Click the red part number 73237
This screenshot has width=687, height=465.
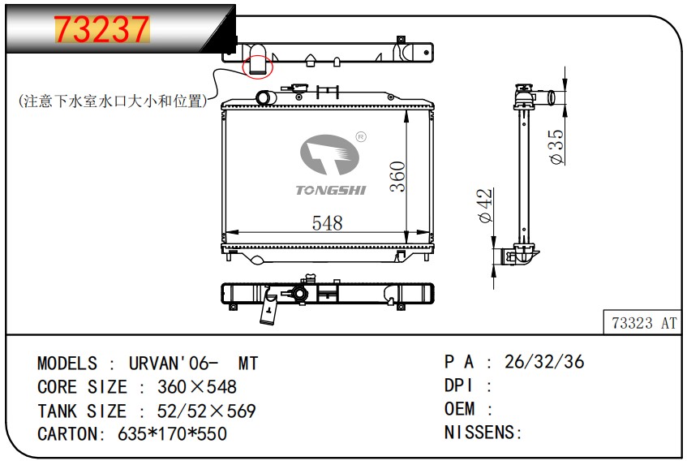[101, 29]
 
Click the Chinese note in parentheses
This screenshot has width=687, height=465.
[113, 101]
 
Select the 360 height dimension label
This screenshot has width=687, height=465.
[397, 177]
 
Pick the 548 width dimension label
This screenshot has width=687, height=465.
[328, 223]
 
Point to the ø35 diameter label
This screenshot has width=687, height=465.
[557, 146]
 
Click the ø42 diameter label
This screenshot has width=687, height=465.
[485, 205]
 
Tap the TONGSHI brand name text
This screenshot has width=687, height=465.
[330, 190]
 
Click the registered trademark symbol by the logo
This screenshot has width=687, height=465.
[361, 137]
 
